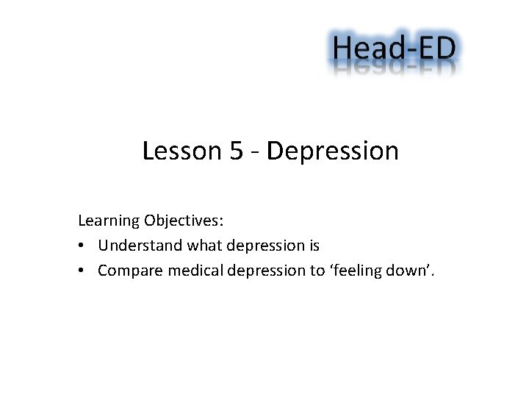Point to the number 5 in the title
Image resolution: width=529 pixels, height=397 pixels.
(237, 151)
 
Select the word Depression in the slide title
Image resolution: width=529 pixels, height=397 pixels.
(333, 151)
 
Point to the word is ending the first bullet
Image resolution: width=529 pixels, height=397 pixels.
(314, 246)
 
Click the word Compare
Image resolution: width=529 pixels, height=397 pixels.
(130, 271)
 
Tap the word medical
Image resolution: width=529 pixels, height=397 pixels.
(195, 271)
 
